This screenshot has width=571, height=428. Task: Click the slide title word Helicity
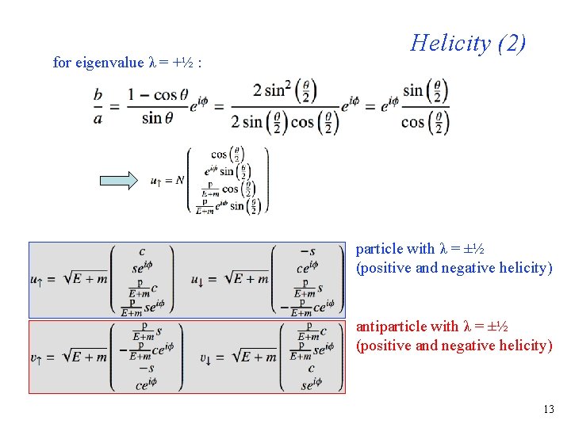(x=450, y=43)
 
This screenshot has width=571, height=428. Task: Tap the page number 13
(x=548, y=410)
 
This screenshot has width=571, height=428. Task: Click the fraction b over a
(x=98, y=105)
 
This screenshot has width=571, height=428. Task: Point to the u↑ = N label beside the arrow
(x=167, y=181)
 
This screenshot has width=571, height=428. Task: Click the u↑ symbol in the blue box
(x=36, y=279)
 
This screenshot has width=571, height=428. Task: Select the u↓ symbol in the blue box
(x=200, y=279)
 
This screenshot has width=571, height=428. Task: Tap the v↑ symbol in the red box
(x=36, y=357)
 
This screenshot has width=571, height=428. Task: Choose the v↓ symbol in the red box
(x=205, y=357)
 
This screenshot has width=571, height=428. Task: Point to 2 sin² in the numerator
(x=274, y=90)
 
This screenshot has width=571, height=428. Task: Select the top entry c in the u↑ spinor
(x=142, y=251)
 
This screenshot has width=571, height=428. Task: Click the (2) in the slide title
(x=512, y=43)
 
